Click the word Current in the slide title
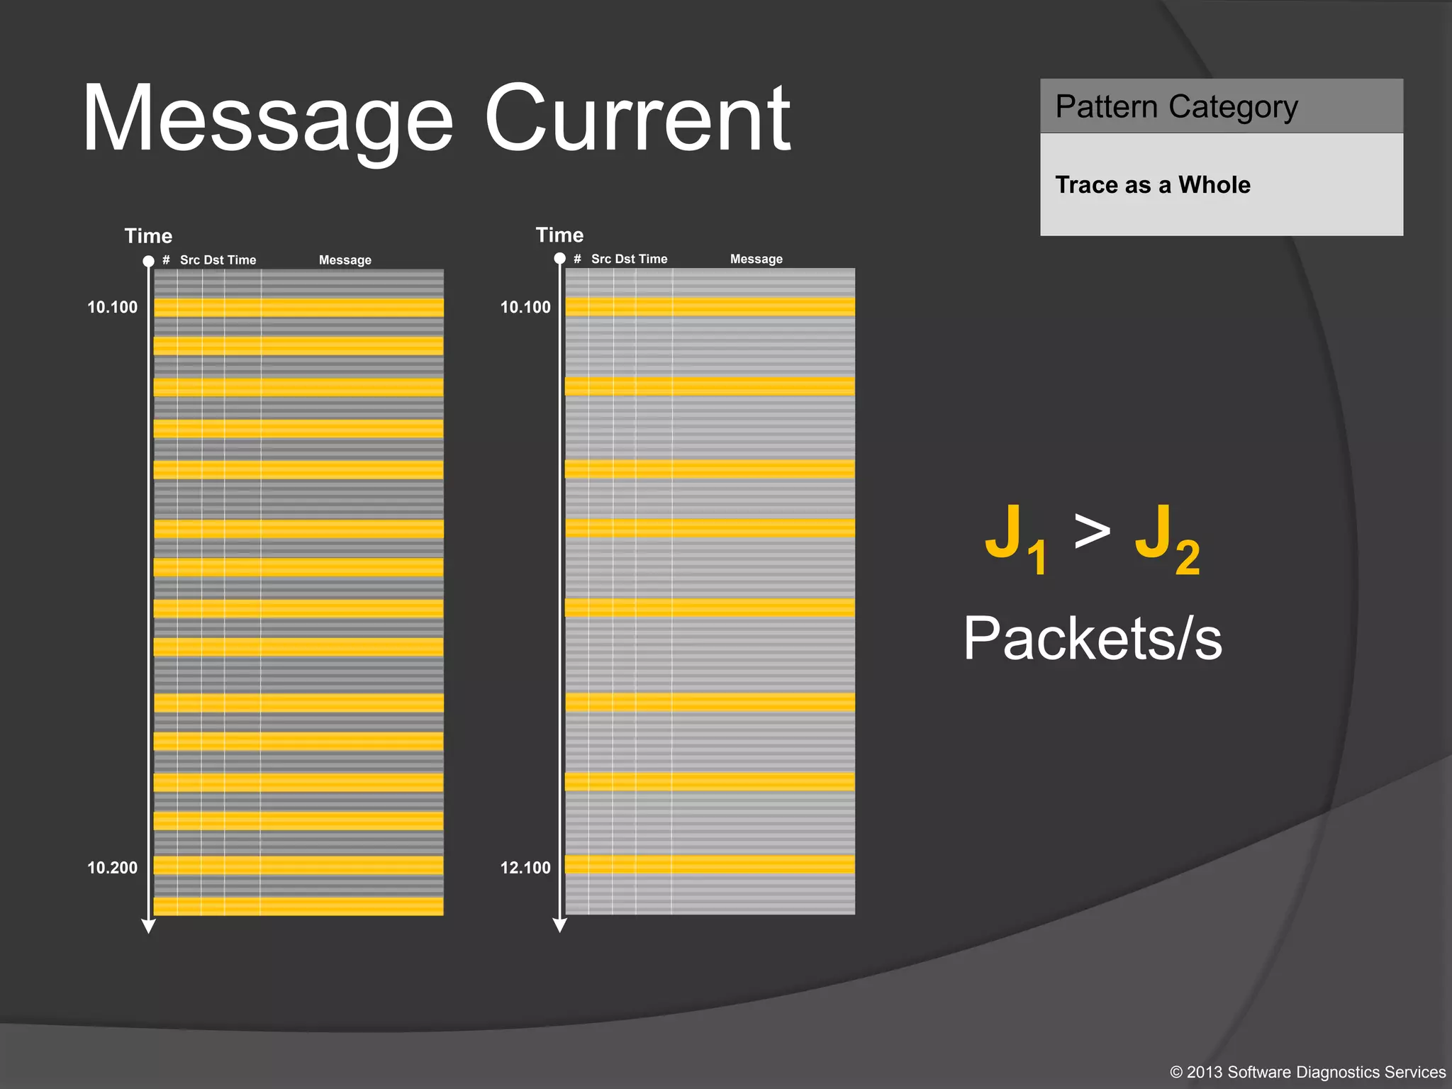pyautogui.click(x=637, y=119)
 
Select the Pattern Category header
pyautogui.click(x=1177, y=107)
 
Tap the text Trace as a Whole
pyautogui.click(x=1153, y=185)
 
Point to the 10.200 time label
pyautogui.click(x=112, y=868)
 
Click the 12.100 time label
pyautogui.click(x=525, y=868)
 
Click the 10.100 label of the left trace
pyautogui.click(x=112, y=307)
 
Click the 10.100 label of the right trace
pyautogui.click(x=525, y=307)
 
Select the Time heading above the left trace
pyautogui.click(x=148, y=236)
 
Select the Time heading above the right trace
pyautogui.click(x=559, y=235)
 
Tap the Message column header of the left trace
pyautogui.click(x=345, y=260)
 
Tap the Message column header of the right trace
pyautogui.click(x=756, y=259)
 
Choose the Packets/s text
pyautogui.click(x=1093, y=639)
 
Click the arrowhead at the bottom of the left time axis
pyautogui.click(x=148, y=926)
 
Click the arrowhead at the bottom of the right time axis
pyautogui.click(x=559, y=925)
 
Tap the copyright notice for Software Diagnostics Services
pyautogui.click(x=1307, y=1072)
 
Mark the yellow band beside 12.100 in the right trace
pyautogui.click(x=710, y=864)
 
